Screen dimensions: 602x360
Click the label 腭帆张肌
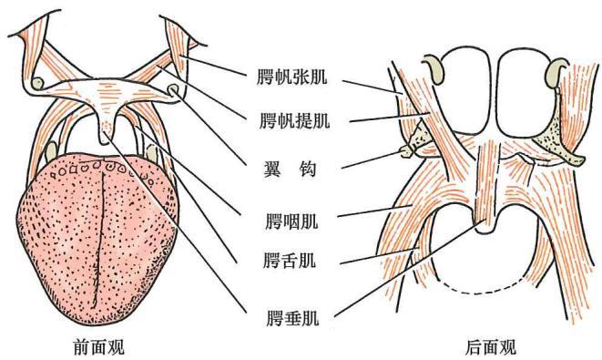pyautogui.click(x=292, y=77)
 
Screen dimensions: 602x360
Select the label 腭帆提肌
pyautogui.click(x=294, y=121)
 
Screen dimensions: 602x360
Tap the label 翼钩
pyautogui.click(x=290, y=169)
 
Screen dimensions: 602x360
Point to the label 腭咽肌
pyautogui.click(x=291, y=221)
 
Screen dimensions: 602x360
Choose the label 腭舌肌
pyautogui.click(x=290, y=260)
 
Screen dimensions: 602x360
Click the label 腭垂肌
pyautogui.click(x=293, y=318)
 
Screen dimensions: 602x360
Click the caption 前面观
pyautogui.click(x=98, y=347)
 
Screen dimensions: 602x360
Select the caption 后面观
pyautogui.click(x=491, y=347)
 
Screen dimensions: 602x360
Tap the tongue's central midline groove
pyautogui.click(x=98, y=238)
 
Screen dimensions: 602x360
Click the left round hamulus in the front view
pyautogui.click(x=37, y=83)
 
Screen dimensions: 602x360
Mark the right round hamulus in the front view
pyautogui.click(x=173, y=89)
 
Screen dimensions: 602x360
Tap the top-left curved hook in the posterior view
pyautogui.click(x=434, y=68)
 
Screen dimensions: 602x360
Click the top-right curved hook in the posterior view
pyautogui.click(x=557, y=70)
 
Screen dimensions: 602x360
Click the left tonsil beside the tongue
pyautogui.click(x=51, y=152)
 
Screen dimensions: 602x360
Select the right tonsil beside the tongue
pyautogui.click(x=152, y=153)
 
